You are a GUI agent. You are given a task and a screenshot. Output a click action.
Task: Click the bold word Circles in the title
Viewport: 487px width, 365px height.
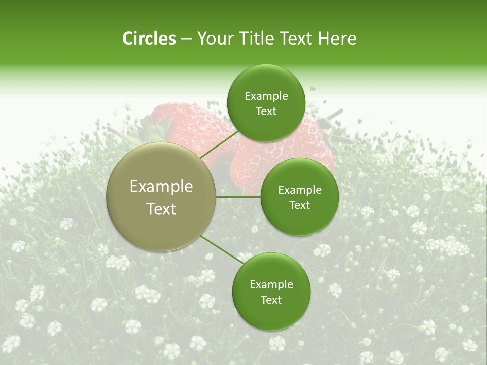point(149,39)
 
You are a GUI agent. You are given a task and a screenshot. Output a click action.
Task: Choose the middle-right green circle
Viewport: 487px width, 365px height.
point(299,223)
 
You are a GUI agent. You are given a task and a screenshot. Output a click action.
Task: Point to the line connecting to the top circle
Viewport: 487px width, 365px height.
point(219,145)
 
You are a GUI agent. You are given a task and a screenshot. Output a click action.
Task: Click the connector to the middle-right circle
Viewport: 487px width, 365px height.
point(238,197)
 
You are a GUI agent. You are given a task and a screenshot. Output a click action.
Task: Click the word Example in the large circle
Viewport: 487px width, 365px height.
point(161,187)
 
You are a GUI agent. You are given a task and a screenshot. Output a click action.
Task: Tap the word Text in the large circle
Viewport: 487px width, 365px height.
point(161,209)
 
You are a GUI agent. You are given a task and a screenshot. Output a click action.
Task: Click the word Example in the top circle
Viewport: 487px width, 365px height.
point(266,96)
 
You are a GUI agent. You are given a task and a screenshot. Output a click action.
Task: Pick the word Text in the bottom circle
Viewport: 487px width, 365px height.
point(271,300)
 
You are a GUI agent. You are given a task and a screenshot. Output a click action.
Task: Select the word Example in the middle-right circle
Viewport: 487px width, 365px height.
point(299,190)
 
